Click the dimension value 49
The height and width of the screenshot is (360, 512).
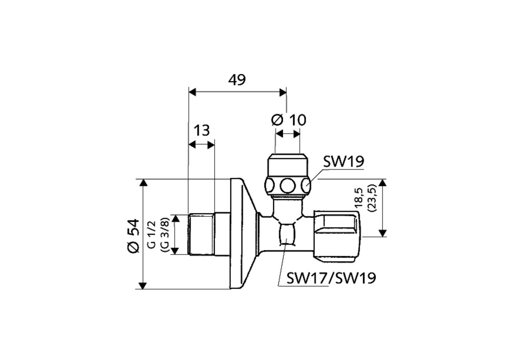237,80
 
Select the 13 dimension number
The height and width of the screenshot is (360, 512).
202,130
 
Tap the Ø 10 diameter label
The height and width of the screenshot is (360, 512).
288,120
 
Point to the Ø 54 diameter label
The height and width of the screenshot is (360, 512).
133,235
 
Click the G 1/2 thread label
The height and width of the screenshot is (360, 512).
152,235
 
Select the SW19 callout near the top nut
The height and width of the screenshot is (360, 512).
344,162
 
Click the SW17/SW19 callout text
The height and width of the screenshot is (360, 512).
331,278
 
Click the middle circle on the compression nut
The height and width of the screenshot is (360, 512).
287,186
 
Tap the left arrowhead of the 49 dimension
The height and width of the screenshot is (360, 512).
192,92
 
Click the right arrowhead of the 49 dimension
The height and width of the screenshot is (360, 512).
283,92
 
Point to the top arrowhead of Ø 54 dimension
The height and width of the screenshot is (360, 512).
143,183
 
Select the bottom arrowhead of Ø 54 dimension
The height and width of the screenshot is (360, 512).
143,285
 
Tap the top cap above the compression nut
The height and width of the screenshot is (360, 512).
287,164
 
